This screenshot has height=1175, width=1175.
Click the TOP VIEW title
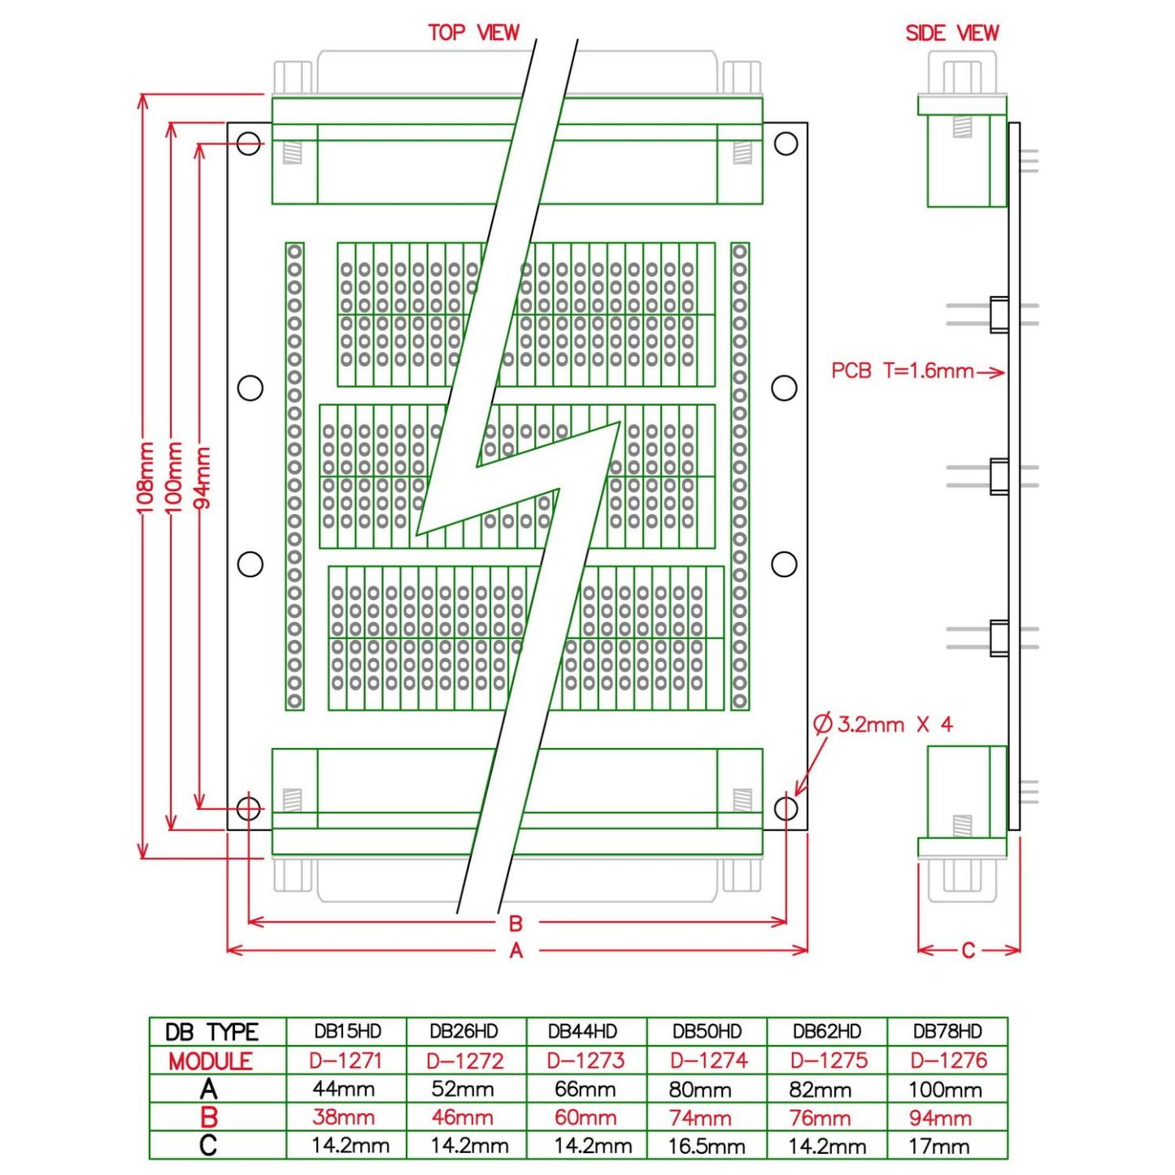(x=473, y=33)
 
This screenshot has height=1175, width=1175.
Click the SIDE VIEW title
(x=952, y=33)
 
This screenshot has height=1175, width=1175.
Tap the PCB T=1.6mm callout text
(x=903, y=371)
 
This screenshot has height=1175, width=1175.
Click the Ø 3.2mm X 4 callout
(x=883, y=725)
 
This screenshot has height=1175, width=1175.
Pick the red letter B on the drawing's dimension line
(x=516, y=923)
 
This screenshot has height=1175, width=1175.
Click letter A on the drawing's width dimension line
(x=516, y=950)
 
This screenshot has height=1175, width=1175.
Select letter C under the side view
(x=968, y=950)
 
